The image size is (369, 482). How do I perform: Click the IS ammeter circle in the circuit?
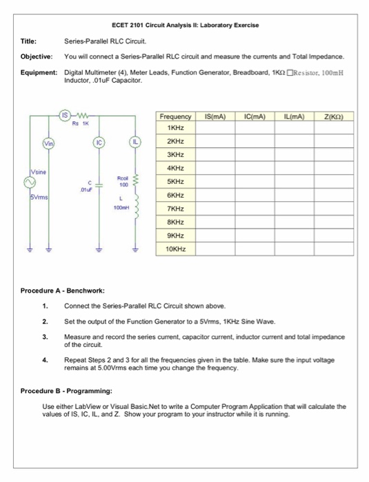[64, 115]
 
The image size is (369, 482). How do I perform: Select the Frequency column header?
[175, 116]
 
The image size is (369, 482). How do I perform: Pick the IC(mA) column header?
[255, 116]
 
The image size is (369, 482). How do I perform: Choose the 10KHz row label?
[175, 248]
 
